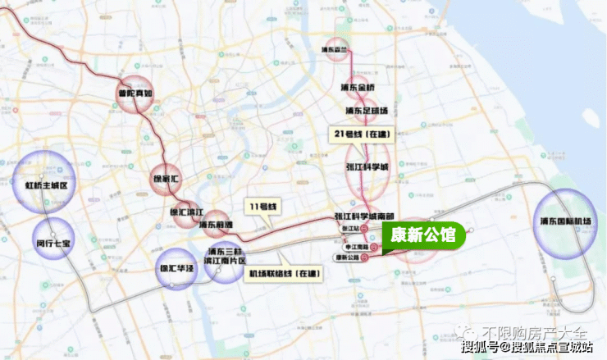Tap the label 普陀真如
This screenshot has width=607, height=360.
coord(135,94)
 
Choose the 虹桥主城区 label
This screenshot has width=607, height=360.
coord(45,186)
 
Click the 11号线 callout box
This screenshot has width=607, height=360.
coord(263,204)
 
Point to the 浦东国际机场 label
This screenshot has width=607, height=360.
coord(566,221)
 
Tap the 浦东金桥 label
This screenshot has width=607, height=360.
coord(358,86)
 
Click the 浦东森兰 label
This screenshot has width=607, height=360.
coord(341,48)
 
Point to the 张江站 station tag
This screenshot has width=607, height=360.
coord(349,228)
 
